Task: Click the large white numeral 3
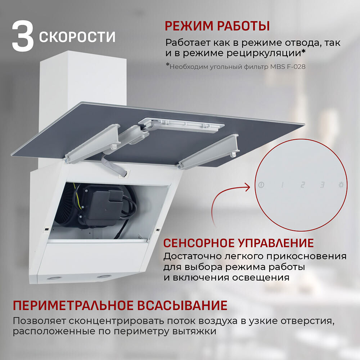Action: pos(23,37)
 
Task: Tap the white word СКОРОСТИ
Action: pos(77,37)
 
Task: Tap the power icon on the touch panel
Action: pos(261,185)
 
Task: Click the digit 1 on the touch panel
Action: pos(282,185)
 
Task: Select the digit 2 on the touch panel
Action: pos(303,185)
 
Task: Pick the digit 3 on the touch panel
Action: pos(322,185)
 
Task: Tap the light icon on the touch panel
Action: pos(341,185)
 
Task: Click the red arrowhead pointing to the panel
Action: pos(248,187)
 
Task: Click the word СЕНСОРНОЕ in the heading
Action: pos(199,243)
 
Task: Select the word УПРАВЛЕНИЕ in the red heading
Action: pos(275,243)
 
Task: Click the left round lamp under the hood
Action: pos(54,279)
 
